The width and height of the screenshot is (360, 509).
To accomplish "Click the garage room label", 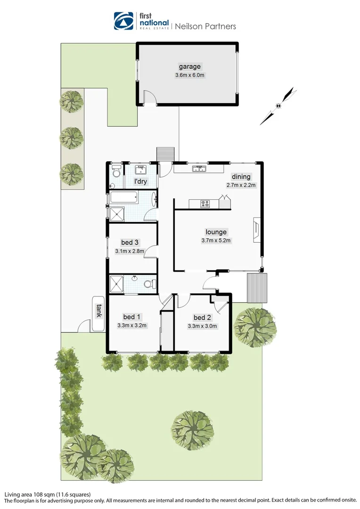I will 189,66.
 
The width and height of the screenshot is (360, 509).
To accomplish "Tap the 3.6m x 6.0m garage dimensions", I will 189,75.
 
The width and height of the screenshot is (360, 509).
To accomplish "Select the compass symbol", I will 278,106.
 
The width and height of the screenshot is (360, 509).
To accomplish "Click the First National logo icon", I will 124,21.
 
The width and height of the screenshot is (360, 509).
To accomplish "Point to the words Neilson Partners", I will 205,26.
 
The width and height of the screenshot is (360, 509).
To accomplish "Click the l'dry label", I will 141,182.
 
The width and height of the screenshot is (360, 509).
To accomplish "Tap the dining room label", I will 241,177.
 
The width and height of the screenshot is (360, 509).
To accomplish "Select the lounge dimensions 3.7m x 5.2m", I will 216,240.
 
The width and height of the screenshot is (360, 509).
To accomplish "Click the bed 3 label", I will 130,243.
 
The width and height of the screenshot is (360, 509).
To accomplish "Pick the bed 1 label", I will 132,317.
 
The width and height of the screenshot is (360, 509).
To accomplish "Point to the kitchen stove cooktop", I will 205,204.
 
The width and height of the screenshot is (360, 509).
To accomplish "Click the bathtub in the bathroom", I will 124,197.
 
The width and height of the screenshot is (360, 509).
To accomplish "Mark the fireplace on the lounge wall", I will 256,230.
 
